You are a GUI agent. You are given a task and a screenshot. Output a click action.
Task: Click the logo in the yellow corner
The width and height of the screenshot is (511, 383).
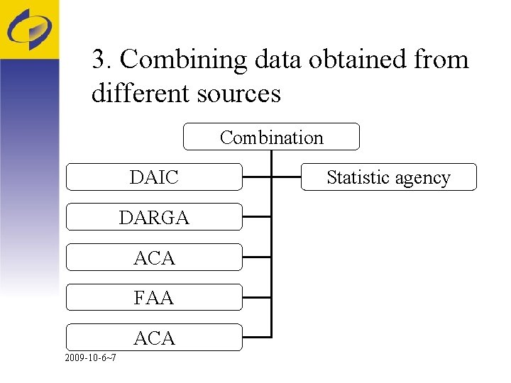29,29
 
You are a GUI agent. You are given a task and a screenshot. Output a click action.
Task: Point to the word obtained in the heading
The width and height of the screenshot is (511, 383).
350,60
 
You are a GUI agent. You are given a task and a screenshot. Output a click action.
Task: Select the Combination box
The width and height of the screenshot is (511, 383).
271,137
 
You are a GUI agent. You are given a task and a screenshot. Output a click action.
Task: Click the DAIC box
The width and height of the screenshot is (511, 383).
154,177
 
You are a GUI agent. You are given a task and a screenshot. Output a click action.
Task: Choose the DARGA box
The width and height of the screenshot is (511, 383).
154,217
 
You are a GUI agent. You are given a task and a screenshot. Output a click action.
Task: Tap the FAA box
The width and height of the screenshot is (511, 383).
154,298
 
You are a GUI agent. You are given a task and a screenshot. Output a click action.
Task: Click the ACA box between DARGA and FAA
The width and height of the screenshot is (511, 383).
154,257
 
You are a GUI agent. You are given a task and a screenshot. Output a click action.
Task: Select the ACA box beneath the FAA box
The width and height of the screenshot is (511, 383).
154,338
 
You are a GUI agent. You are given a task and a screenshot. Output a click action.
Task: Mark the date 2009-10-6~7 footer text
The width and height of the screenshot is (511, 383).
90,357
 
